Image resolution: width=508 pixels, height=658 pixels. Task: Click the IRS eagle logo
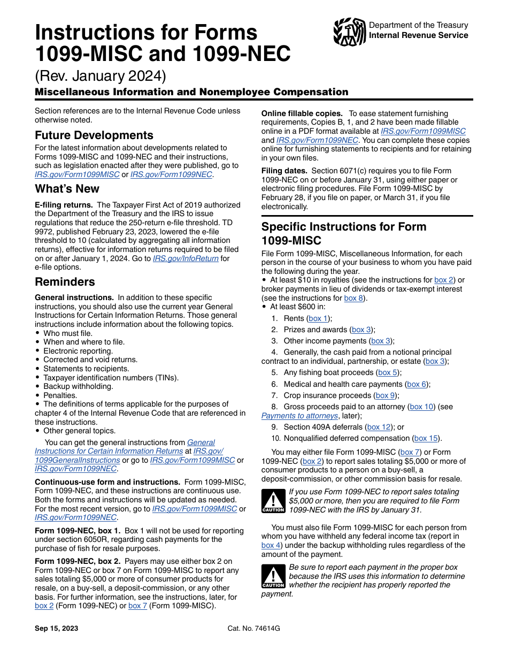click(x=349, y=32)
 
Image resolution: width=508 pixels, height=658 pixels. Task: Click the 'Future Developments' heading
click(x=94, y=135)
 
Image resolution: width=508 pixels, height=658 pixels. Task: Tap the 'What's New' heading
click(x=67, y=189)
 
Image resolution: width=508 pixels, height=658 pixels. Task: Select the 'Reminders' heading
click(x=65, y=282)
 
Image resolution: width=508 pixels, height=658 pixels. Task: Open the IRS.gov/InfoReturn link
click(x=186, y=258)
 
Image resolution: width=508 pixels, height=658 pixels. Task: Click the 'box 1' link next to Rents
click(x=319, y=319)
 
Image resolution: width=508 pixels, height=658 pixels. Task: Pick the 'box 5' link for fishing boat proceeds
click(x=388, y=373)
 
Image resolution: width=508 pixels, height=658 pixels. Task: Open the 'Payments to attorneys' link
click(x=299, y=416)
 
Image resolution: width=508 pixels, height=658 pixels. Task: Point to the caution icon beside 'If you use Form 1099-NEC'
click(x=273, y=501)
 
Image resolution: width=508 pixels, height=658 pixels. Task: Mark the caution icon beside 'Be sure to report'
click(x=273, y=577)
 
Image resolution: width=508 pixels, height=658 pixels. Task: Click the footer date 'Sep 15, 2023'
click(x=57, y=629)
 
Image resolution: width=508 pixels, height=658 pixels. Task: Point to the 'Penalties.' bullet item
click(x=60, y=396)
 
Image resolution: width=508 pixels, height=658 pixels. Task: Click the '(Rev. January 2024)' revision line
click(x=101, y=74)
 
